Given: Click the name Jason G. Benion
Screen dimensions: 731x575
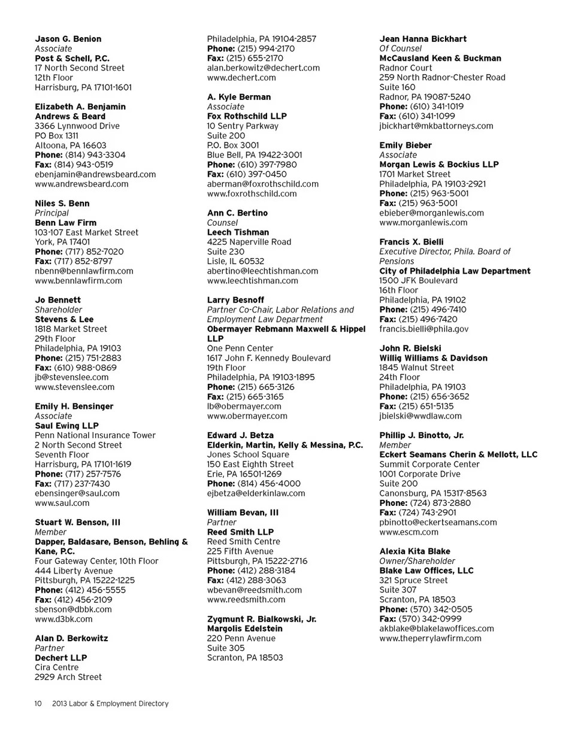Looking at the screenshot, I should click(68, 39).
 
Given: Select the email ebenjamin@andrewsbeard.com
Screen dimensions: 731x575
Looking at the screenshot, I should click(95, 174).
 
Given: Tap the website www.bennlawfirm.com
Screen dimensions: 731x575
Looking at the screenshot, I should click(78, 280).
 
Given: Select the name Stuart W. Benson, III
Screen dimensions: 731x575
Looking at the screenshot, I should click(77, 522).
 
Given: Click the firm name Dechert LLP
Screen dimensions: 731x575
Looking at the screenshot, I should click(60, 657).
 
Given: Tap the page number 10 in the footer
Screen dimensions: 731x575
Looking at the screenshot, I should click(38, 703).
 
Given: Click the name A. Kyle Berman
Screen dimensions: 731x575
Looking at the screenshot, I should click(239, 97).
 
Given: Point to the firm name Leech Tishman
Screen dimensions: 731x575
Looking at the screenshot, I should click(238, 232).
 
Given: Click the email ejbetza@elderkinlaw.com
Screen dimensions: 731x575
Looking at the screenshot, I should click(256, 493).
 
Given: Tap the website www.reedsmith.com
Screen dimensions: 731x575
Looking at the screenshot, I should click(246, 599).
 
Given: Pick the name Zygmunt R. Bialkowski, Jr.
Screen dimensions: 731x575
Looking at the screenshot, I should click(262, 619).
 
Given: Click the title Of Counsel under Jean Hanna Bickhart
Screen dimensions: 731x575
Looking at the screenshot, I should click(401, 48).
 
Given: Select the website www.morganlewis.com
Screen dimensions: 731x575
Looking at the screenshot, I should click(423, 222).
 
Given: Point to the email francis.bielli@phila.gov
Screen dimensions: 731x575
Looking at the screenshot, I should click(424, 329).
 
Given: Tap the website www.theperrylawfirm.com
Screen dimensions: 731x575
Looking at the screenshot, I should click(430, 638).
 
